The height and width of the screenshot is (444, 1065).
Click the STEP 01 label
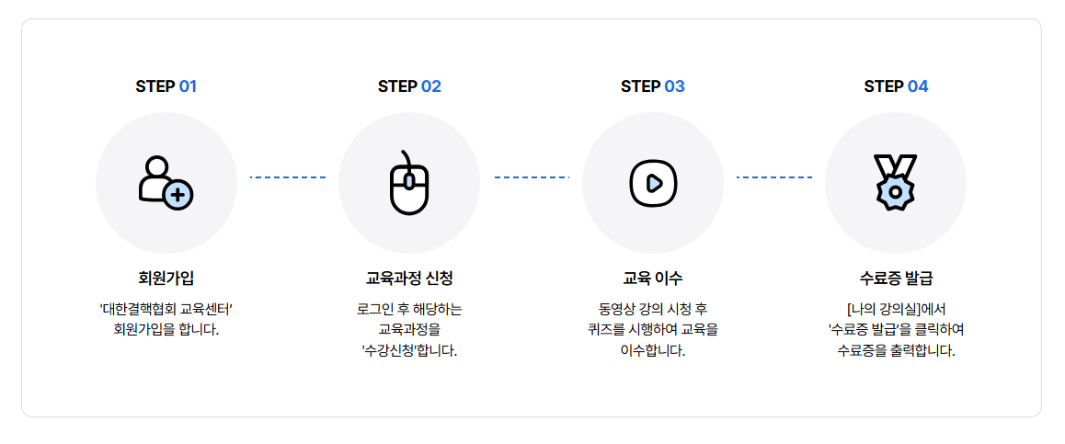(x=166, y=86)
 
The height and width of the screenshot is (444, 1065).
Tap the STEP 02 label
(x=409, y=86)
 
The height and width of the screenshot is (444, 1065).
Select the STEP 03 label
(x=652, y=86)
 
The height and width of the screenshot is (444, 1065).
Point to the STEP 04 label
(x=896, y=86)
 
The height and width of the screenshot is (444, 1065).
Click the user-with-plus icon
(x=166, y=182)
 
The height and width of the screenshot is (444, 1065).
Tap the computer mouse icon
(x=409, y=182)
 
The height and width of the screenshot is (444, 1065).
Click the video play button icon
(x=653, y=182)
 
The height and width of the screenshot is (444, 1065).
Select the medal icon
(x=896, y=182)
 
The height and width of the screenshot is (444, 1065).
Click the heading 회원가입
(x=166, y=278)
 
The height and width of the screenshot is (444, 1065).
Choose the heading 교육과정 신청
(x=409, y=278)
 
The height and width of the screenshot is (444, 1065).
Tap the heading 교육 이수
(x=652, y=278)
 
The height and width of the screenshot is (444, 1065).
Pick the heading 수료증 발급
(x=896, y=278)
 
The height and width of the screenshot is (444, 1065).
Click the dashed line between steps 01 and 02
(x=288, y=177)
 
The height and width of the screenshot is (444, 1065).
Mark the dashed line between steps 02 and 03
(x=532, y=177)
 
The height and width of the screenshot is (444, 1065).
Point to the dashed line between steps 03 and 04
(x=774, y=177)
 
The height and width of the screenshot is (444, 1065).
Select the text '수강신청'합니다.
(x=409, y=350)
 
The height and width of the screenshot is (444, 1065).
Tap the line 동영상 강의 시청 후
(x=652, y=308)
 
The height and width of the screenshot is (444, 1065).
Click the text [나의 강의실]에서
(x=896, y=308)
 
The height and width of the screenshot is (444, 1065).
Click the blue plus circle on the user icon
(x=178, y=194)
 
